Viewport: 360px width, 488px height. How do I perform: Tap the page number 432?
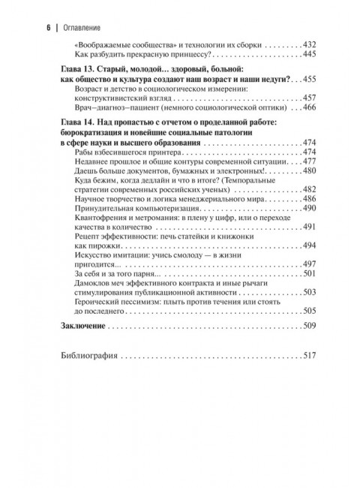tap(310, 45)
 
